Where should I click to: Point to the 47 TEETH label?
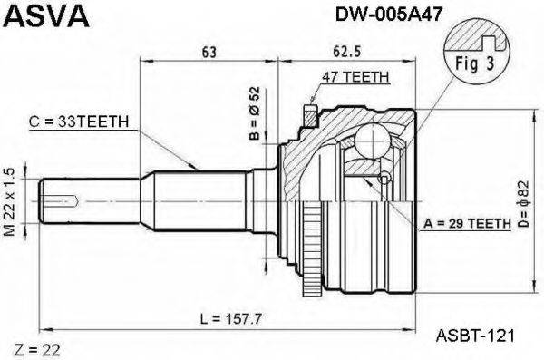[x=355, y=78]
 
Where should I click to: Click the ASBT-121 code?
[x=471, y=335]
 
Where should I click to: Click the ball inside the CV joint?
[x=372, y=141]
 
